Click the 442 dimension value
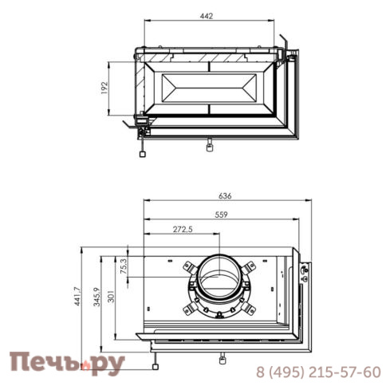click(207, 16)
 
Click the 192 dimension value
click(104, 88)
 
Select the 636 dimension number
click(225, 196)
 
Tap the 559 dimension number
click(221, 215)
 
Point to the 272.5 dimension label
click(183, 229)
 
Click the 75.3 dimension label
click(124, 266)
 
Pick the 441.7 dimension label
click(77, 296)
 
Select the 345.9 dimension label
click(96, 297)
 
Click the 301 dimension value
click(111, 297)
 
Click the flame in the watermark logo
click(86, 365)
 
